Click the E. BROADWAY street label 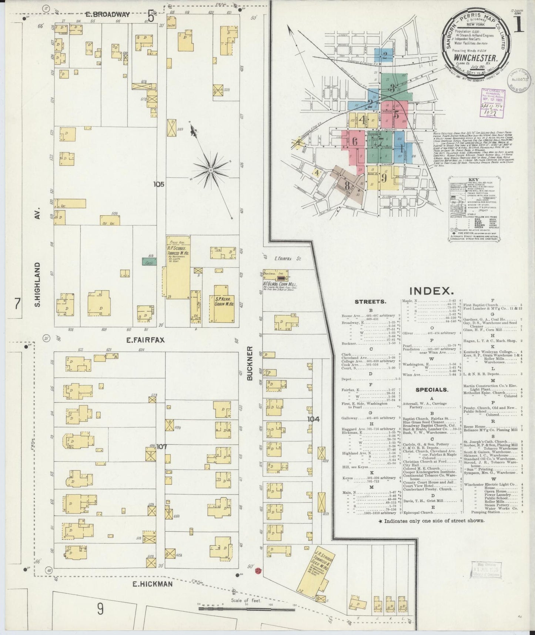[107, 14]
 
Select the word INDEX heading [432, 290]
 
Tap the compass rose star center [211, 170]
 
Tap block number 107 [161, 447]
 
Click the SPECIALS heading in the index [432, 390]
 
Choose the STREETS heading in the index [370, 302]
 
